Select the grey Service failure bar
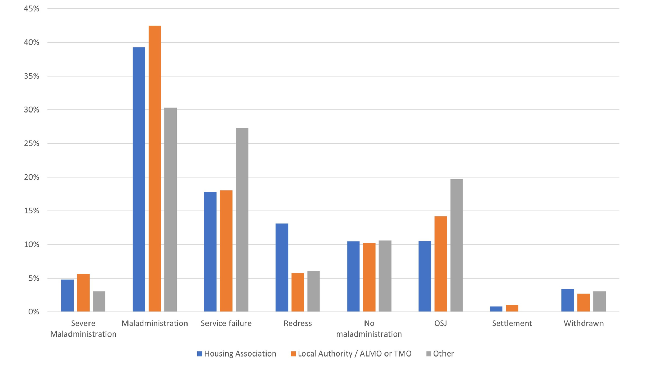[x=242, y=220]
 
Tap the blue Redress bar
[x=282, y=268]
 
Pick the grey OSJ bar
[x=456, y=245]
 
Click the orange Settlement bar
[x=512, y=308]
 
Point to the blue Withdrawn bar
[x=568, y=300]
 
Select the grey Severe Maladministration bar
[x=99, y=302]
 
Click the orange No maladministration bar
[x=369, y=277]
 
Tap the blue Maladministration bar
[x=139, y=180]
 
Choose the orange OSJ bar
[x=440, y=264]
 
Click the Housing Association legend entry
[x=237, y=354]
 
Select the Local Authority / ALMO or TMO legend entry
[x=351, y=354]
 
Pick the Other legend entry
[x=440, y=354]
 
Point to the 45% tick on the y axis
[x=32, y=9]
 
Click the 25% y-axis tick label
[x=32, y=143]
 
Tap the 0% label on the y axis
[x=34, y=312]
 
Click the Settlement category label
[x=512, y=323]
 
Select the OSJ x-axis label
[x=440, y=323]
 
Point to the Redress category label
[x=298, y=323]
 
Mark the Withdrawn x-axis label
[x=584, y=323]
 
